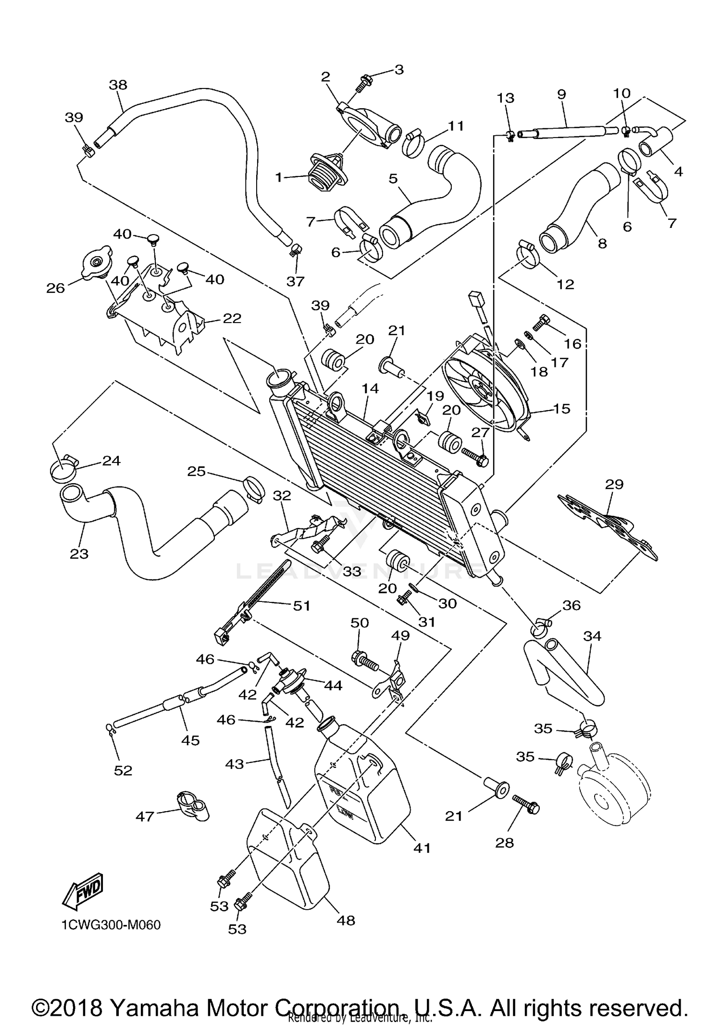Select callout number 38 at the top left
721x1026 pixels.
[118, 85]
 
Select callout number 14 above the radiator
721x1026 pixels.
[371, 388]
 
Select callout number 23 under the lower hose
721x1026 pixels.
[79, 554]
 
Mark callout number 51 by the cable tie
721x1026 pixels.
[301, 605]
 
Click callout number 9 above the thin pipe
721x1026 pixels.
[561, 94]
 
